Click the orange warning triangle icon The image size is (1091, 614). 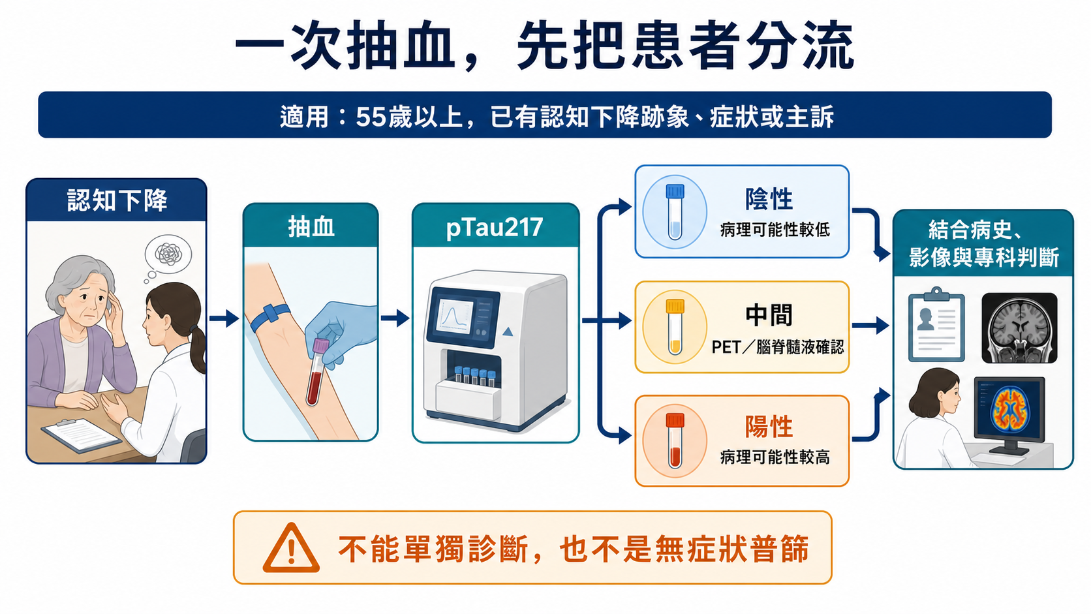[x=291, y=549]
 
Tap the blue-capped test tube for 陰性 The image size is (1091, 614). [x=675, y=212]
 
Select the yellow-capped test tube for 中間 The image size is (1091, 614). [x=675, y=327]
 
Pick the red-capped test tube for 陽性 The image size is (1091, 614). [x=675, y=441]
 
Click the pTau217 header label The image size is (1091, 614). [x=495, y=228]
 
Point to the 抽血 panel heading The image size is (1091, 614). [x=311, y=227]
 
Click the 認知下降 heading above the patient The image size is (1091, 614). [x=117, y=200]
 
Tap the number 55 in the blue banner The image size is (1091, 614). [x=371, y=117]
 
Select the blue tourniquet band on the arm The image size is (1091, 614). [x=270, y=317]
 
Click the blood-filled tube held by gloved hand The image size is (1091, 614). [x=316, y=373]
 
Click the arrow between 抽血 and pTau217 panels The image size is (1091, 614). [x=395, y=318]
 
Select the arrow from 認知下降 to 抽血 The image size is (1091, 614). [x=224, y=318]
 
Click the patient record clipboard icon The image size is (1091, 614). [x=936, y=324]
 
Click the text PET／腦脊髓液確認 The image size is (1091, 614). [x=778, y=347]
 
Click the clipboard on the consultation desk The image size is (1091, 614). [x=81, y=435]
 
